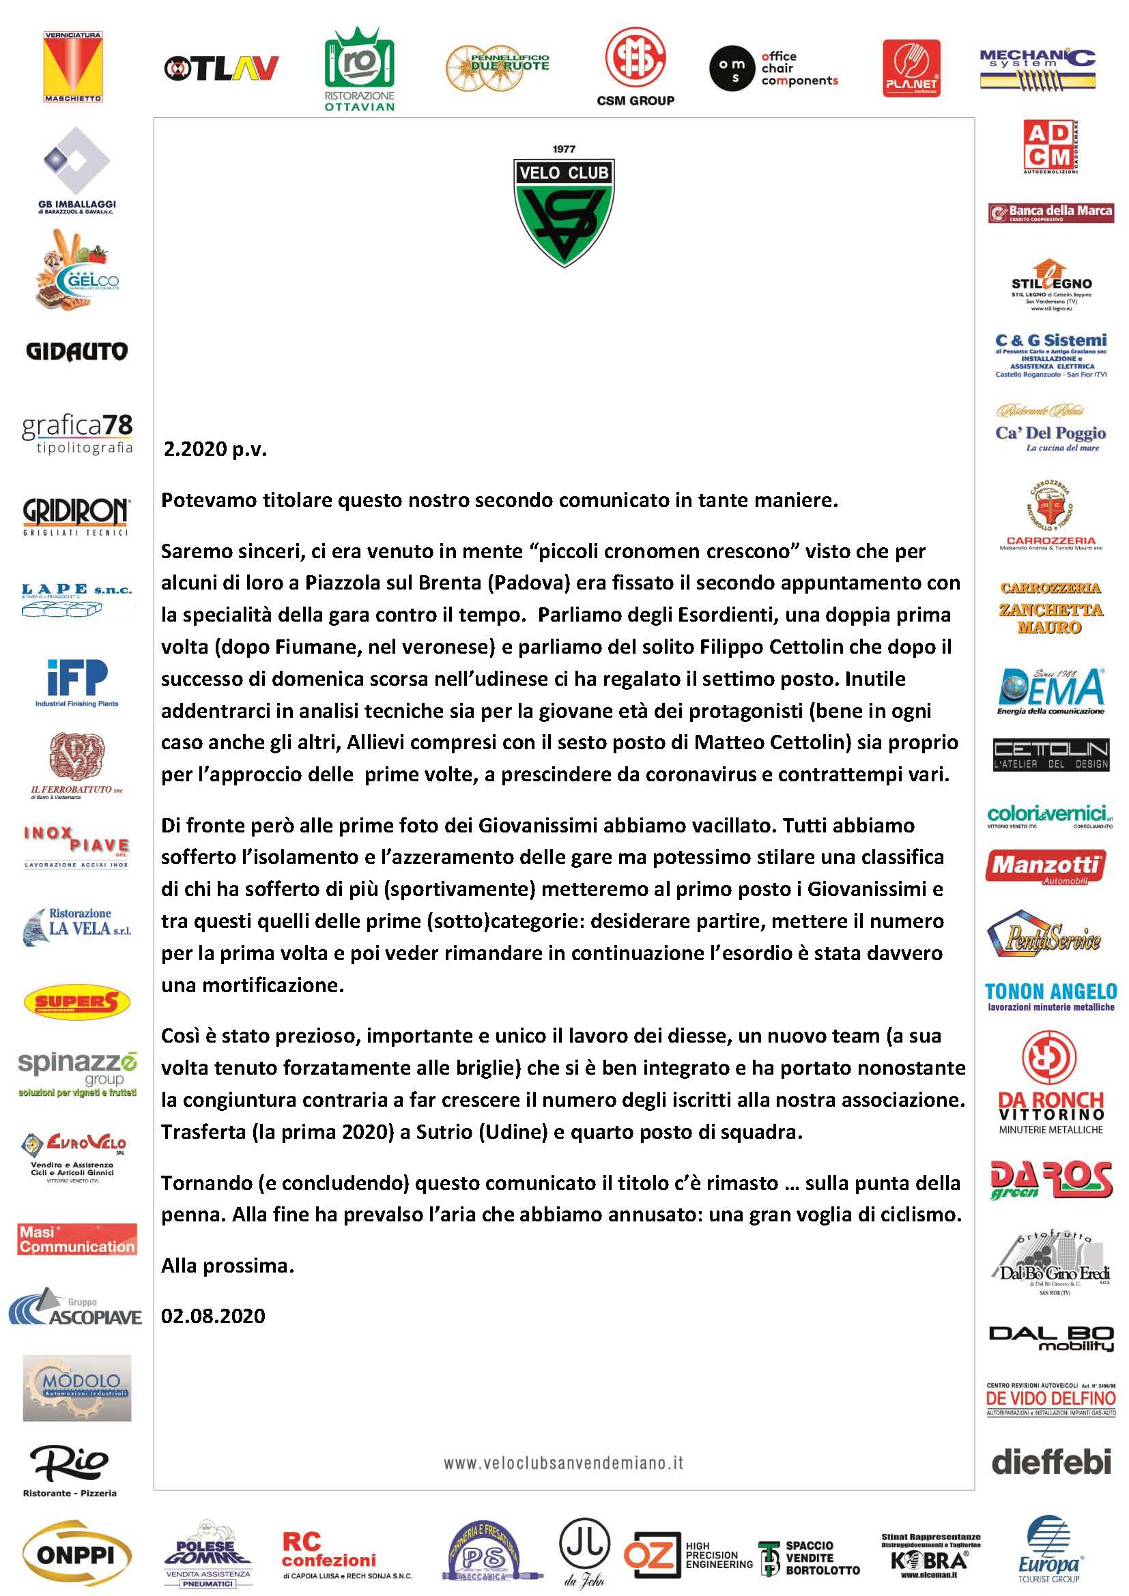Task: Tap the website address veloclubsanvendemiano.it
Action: [564, 1462]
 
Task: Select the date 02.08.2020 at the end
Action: [213, 1316]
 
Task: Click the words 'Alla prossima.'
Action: [227, 1266]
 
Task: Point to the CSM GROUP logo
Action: [635, 67]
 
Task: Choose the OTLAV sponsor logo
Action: [221, 68]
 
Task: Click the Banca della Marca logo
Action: [1051, 212]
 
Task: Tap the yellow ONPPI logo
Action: [76, 1555]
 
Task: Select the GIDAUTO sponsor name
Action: [76, 351]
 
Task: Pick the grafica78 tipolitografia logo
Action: [77, 434]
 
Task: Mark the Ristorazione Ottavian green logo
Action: [360, 70]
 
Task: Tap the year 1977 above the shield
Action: [564, 149]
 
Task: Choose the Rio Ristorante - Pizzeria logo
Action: [70, 1468]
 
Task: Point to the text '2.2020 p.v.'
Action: [215, 449]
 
